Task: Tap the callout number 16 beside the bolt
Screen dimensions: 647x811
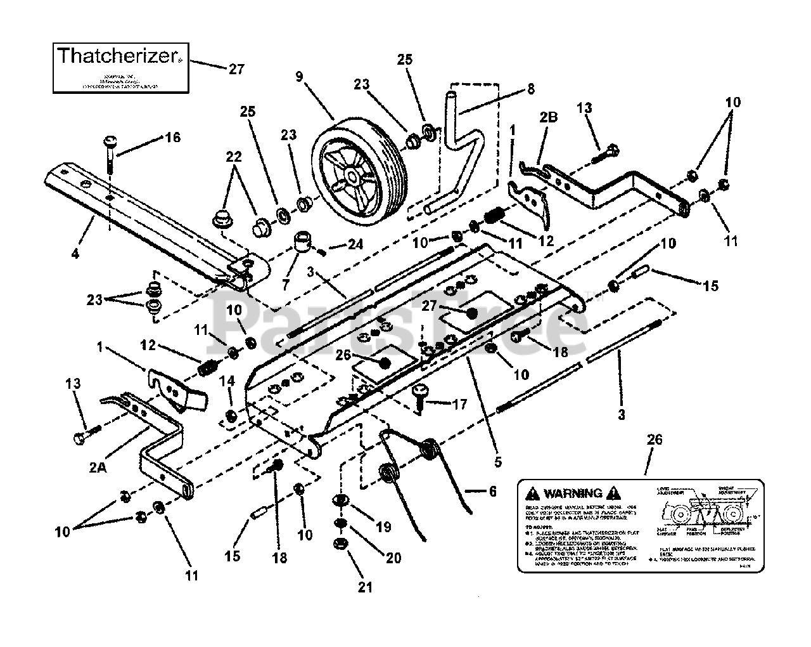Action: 173,138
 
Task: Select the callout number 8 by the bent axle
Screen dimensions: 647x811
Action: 530,89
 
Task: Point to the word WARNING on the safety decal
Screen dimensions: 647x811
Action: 572,493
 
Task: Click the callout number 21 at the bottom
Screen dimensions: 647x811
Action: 364,587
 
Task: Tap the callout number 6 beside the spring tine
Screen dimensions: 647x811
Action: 492,491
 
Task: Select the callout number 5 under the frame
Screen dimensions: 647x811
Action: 497,461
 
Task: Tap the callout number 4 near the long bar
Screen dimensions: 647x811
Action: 75,254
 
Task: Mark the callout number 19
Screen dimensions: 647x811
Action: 383,527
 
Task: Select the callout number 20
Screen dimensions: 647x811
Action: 393,558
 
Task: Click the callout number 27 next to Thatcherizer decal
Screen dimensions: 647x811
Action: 236,69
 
